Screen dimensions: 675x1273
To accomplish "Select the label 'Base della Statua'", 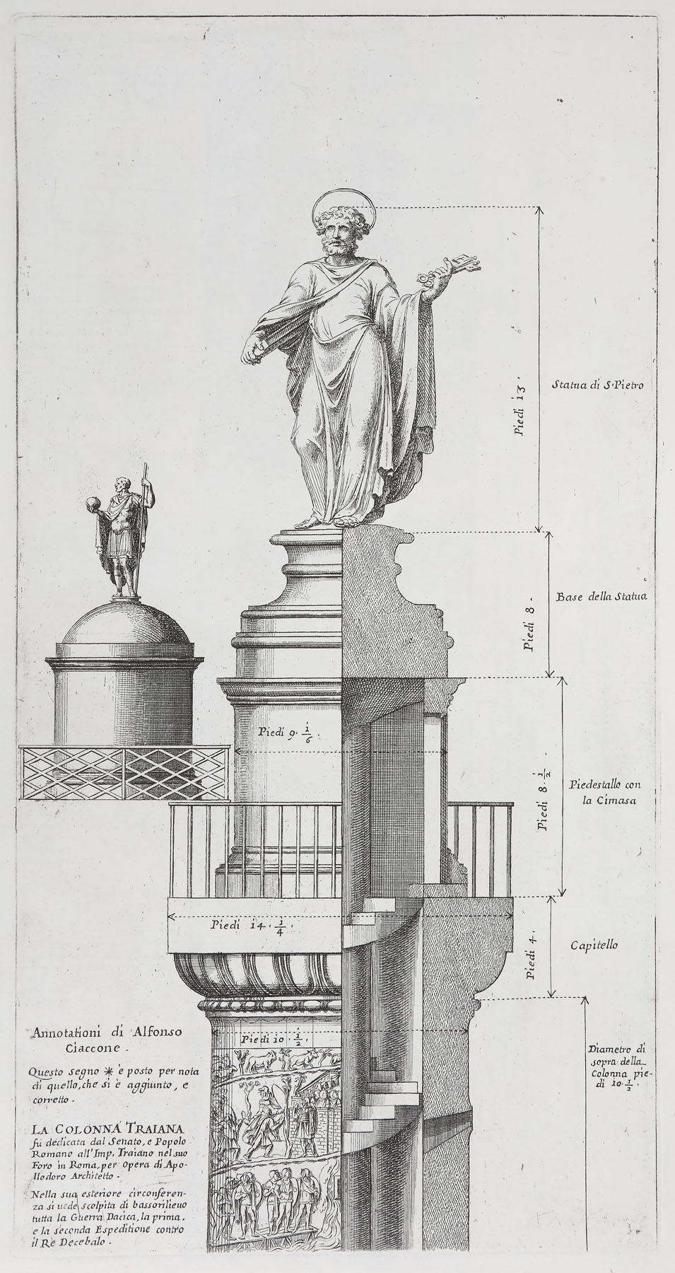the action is [x=601, y=597].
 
